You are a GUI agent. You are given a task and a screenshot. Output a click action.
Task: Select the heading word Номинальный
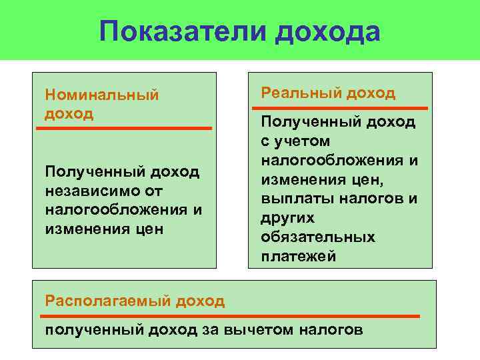click(101, 95)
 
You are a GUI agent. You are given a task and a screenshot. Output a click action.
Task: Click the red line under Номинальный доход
click(124, 127)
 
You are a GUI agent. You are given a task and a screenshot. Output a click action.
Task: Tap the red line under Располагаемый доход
click(231, 315)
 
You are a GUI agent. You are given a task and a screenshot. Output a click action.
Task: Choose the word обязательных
click(318, 237)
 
